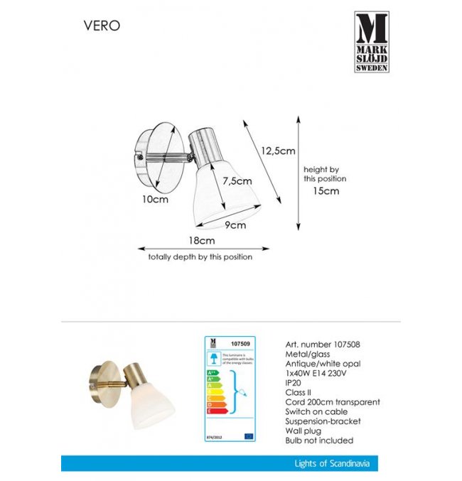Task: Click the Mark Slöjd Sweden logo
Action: (x=372, y=42)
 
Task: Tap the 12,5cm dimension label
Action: (x=277, y=151)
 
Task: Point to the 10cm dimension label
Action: (x=154, y=200)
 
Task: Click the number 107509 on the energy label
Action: (x=242, y=344)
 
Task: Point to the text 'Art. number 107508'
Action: (x=321, y=343)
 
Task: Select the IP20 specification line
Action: (x=293, y=382)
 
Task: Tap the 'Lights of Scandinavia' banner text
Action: (x=331, y=464)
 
